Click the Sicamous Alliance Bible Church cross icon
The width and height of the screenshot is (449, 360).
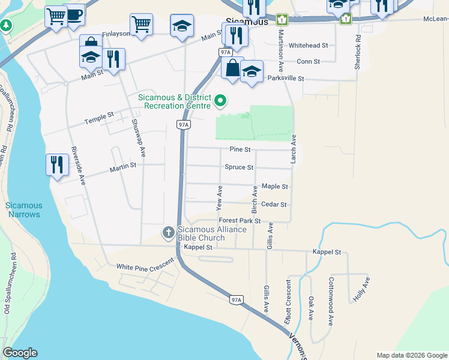(x=169, y=232)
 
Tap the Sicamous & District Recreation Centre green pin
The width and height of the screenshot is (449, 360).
(x=220, y=101)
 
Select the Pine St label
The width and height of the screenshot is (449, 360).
(x=240, y=149)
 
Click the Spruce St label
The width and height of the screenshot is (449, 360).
(x=239, y=167)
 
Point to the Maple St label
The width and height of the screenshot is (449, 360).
(x=275, y=187)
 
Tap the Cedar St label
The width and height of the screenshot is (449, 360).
(x=274, y=205)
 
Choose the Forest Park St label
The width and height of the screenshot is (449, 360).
(x=239, y=221)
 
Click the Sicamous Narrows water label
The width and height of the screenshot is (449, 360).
(x=23, y=210)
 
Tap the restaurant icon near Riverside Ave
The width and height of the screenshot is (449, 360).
(x=56, y=163)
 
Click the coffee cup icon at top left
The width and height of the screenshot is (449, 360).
(x=74, y=16)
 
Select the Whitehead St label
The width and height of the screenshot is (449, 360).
(x=308, y=45)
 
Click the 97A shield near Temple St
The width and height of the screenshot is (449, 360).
(x=184, y=124)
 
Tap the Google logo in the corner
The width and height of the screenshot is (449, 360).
(x=20, y=353)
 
